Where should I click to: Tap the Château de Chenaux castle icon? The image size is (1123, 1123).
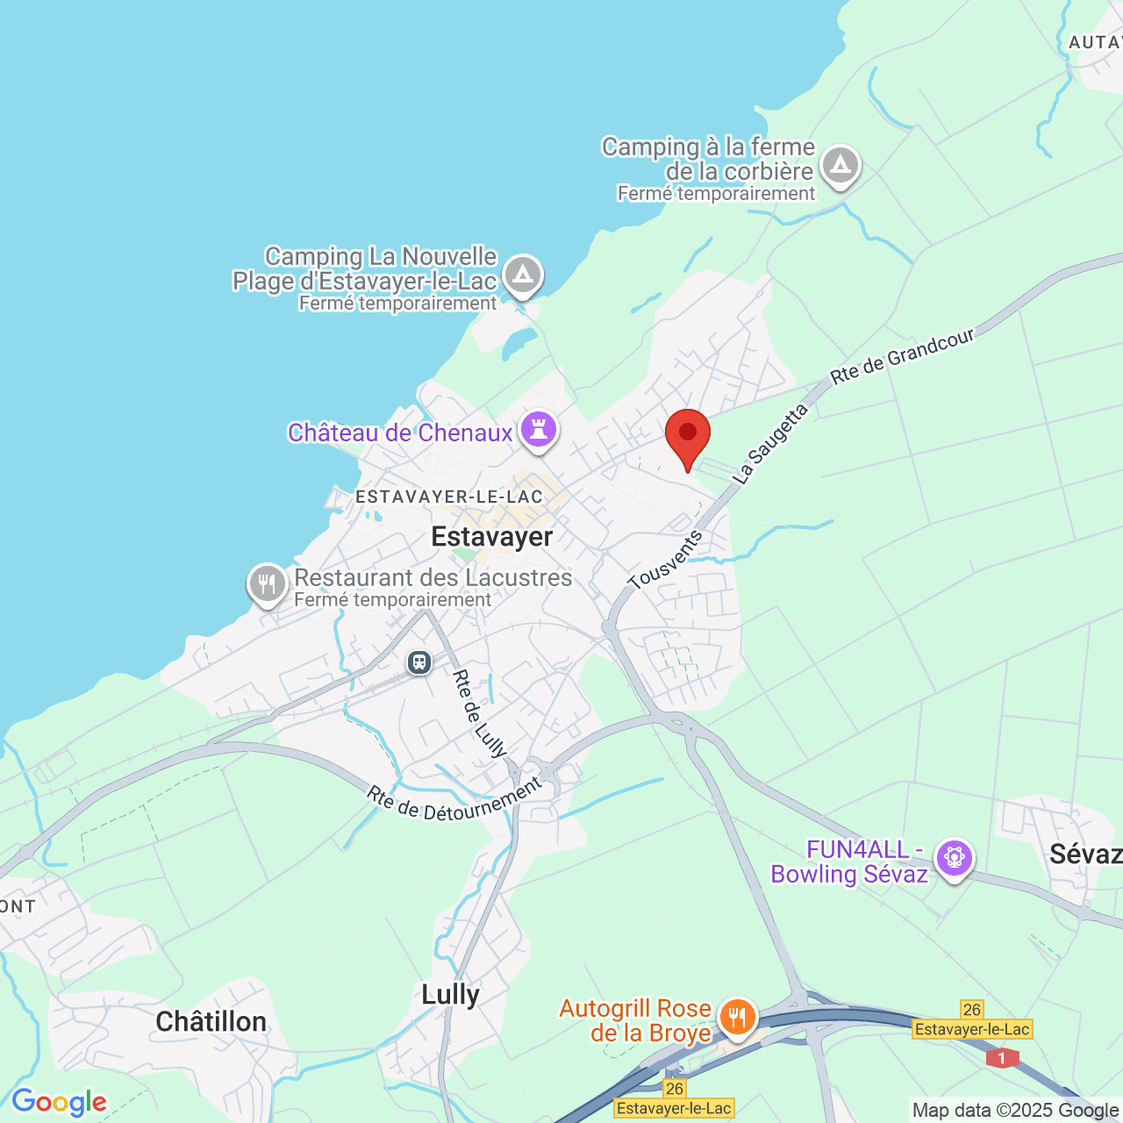[x=539, y=430]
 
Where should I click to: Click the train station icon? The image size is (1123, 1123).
[x=419, y=662]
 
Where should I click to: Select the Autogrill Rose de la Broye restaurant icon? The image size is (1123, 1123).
[x=737, y=1018]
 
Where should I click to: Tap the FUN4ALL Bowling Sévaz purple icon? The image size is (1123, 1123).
[x=954, y=856]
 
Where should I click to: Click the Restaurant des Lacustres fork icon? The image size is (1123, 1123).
[x=267, y=583]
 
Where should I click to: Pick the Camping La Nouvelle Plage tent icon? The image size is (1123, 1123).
[x=524, y=275]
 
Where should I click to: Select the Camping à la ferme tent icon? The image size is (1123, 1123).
[x=840, y=165]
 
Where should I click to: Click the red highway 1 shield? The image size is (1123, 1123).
[x=1001, y=1058]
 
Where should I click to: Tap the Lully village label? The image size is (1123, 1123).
[x=450, y=994]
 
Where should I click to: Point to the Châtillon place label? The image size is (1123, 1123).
[x=211, y=1021]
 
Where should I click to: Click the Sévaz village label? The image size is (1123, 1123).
[x=1084, y=854]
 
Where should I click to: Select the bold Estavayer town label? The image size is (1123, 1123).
[x=491, y=536]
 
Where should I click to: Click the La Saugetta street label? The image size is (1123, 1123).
[x=769, y=444]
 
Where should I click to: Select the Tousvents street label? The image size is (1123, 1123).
[x=665, y=560]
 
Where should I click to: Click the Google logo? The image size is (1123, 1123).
[x=59, y=1102]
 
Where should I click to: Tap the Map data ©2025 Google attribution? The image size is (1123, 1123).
[x=1015, y=1111]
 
